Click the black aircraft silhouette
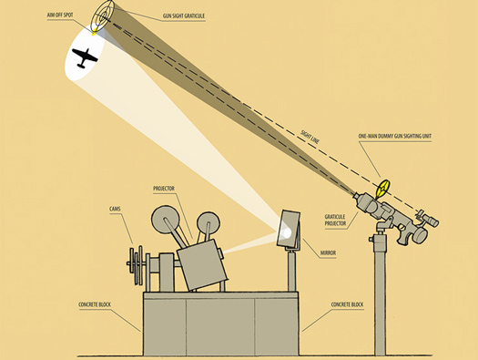85,57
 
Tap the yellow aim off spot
95,31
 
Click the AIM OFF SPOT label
60,15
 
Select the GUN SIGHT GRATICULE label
184,15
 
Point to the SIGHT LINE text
310,137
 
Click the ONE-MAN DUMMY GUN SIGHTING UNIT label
395,136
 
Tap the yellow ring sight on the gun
383,189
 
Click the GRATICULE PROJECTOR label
335,220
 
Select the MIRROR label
328,253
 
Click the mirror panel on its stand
288,229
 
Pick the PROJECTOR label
164,189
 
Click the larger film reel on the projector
166,220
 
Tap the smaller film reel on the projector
208,223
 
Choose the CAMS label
115,209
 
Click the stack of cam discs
136,265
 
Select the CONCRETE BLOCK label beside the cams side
95,304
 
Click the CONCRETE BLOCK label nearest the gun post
347,304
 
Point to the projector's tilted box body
202,264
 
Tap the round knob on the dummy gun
420,234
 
